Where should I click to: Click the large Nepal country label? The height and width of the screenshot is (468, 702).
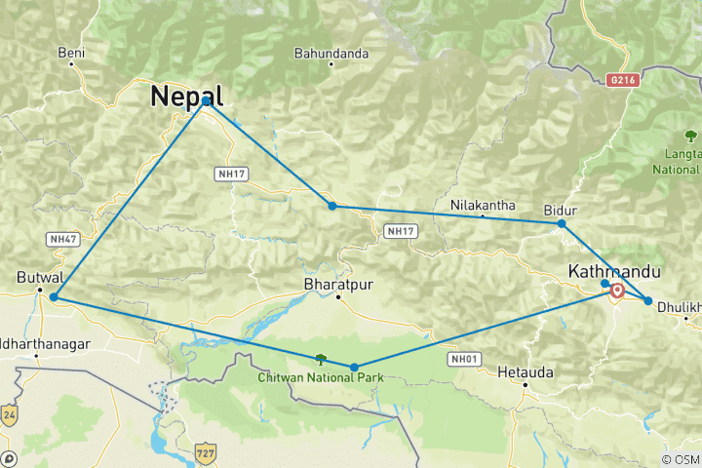click(x=186, y=96)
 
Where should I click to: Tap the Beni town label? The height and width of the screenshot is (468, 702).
click(x=71, y=53)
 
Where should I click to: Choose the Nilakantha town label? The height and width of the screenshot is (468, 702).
click(x=483, y=205)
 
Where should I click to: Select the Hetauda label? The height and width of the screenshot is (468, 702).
click(x=525, y=371)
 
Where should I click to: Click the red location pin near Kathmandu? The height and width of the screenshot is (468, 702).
click(x=617, y=291)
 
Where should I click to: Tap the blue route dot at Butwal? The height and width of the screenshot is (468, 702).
click(x=54, y=296)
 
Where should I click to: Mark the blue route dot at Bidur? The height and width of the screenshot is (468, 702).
click(x=562, y=224)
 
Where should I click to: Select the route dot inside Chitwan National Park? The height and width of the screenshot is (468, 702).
click(x=354, y=368)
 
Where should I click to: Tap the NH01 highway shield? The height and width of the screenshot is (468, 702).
click(x=464, y=359)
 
